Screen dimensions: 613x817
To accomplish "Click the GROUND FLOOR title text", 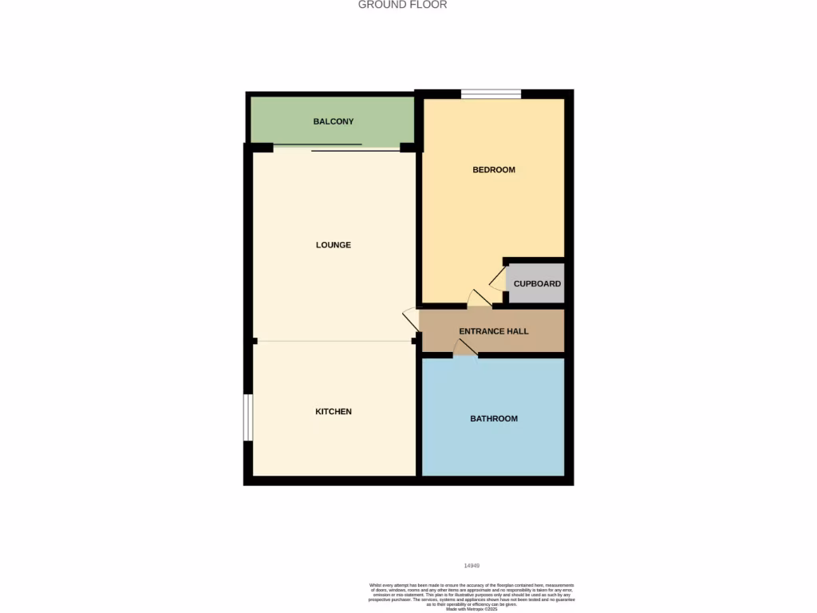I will (x=402, y=5).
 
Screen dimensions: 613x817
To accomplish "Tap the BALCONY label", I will (x=333, y=121).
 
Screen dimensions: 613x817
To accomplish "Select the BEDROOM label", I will (x=494, y=170).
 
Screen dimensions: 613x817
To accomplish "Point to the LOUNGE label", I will (x=333, y=245).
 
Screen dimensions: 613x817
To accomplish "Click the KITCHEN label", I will (x=333, y=412).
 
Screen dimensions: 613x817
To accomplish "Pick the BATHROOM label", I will (x=493, y=419).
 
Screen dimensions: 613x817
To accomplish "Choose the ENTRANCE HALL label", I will (x=493, y=331).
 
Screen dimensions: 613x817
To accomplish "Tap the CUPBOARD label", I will (x=537, y=284).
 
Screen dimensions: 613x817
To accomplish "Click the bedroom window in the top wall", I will (x=491, y=94).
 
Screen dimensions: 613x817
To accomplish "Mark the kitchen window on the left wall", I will (x=248, y=417).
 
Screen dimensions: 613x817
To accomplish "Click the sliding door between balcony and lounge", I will (x=335, y=147).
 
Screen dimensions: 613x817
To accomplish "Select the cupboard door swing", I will (x=497, y=278).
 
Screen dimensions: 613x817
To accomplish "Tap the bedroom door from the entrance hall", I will (x=479, y=299).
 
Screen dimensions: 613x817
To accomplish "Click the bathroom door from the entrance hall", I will (x=465, y=348).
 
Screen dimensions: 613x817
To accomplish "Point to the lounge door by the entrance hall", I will (x=411, y=320).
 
